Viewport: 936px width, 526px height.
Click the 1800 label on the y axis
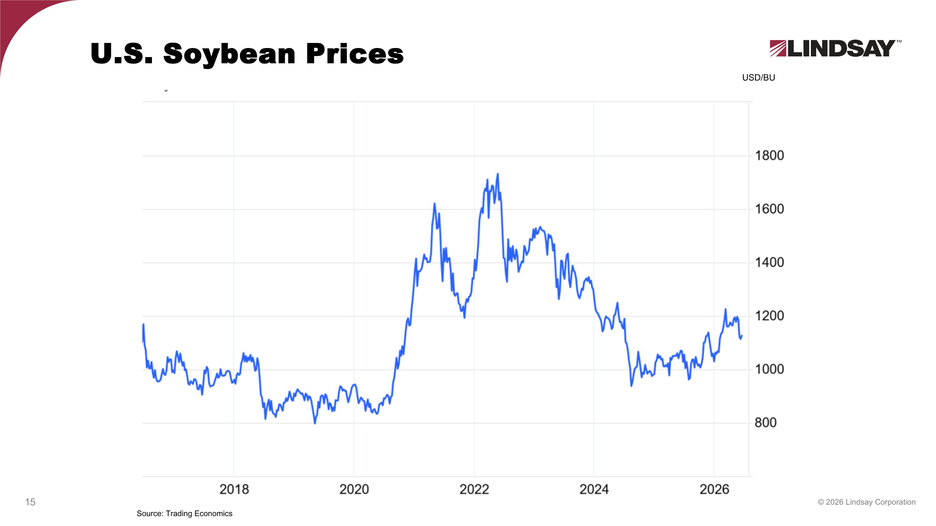(769, 156)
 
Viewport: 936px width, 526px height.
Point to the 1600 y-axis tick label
(769, 209)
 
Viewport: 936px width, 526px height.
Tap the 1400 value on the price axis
(769, 263)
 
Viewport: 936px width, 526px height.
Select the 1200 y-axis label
(769, 316)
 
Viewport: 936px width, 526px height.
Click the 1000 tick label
(769, 369)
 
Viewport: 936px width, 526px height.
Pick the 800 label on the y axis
(766, 422)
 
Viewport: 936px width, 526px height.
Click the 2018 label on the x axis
(234, 489)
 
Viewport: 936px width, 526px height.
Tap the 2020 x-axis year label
(354, 489)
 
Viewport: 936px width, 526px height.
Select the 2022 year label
(474, 489)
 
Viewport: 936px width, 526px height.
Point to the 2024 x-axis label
(594, 489)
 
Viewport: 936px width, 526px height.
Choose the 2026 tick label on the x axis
(714, 489)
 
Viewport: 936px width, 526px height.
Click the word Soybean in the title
(229, 55)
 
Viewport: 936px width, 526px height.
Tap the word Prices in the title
(355, 53)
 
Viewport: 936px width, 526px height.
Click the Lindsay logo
(835, 48)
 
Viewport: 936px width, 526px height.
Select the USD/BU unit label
(758, 78)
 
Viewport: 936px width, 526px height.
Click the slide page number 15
(30, 502)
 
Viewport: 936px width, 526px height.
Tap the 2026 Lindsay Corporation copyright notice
(867, 502)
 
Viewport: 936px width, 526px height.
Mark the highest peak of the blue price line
(497, 174)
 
